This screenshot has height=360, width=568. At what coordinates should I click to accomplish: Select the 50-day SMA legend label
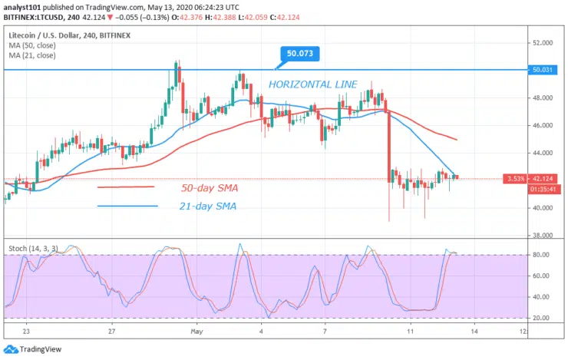point(209,187)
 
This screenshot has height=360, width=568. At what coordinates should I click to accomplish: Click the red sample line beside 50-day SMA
point(126,187)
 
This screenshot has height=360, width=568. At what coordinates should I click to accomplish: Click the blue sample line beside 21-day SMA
point(127,206)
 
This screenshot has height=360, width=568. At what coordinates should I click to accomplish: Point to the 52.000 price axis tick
point(543,43)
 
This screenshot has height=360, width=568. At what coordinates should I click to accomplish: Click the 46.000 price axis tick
point(543,125)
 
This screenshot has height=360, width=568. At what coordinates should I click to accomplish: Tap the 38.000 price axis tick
point(543,235)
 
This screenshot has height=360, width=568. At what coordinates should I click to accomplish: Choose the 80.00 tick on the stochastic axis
point(542,255)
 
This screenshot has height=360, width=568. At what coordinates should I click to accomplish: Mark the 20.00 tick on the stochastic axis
point(542,318)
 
